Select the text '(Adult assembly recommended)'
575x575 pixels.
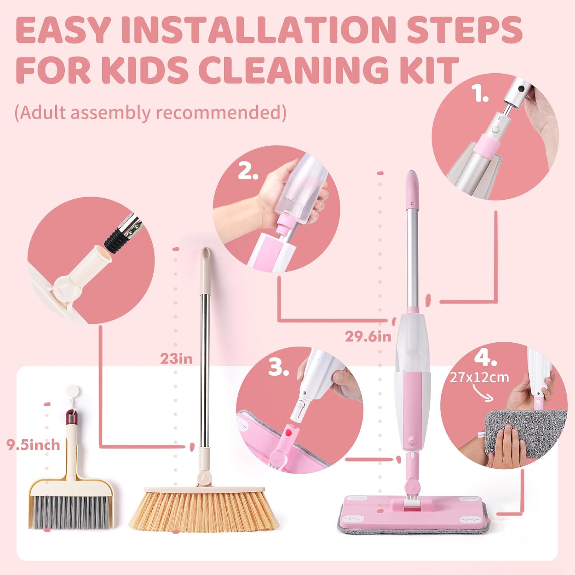(x=150, y=113)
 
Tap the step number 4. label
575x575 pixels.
(x=485, y=358)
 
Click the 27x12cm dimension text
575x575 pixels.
(x=479, y=377)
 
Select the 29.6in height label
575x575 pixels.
(x=368, y=336)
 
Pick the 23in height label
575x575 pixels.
(x=176, y=359)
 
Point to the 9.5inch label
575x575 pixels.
(x=33, y=445)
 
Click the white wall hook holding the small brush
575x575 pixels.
(x=71, y=392)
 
